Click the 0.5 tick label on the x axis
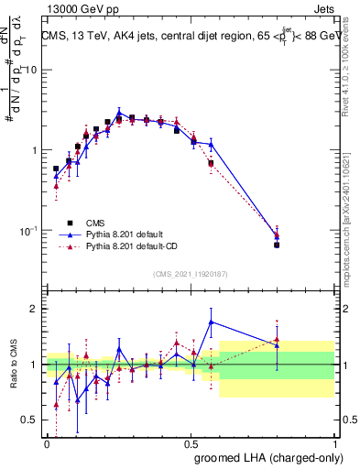pos(190,443)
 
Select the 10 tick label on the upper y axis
pos(31,71)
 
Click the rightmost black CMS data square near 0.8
pos(277,245)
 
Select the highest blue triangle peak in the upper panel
pos(119,113)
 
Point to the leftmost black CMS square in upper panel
pos(56,169)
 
